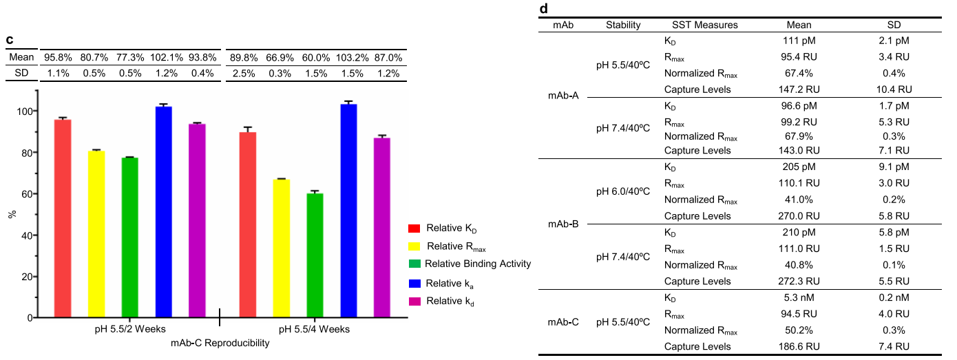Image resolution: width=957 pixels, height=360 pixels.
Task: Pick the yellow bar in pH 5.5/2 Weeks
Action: [96, 234]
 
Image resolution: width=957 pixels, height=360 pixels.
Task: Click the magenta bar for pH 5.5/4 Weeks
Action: [382, 228]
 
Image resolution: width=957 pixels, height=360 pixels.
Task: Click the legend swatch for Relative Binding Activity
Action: [414, 264]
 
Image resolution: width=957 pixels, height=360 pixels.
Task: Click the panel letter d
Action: [544, 9]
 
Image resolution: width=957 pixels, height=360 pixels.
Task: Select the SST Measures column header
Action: [701, 25]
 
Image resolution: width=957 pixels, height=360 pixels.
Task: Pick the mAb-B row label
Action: [563, 224]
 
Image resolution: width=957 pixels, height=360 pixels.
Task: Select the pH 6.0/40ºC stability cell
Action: [623, 192]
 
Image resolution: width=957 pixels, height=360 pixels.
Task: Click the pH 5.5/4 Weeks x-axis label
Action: [314, 329]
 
